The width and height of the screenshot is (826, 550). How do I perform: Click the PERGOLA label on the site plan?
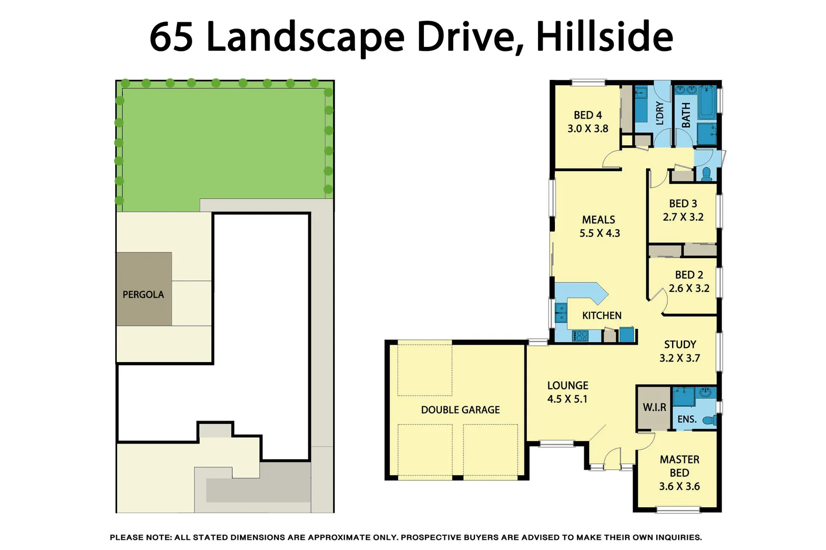(143, 294)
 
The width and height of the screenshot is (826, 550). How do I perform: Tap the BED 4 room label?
(588, 116)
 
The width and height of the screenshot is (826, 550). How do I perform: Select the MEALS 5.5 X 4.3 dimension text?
(599, 233)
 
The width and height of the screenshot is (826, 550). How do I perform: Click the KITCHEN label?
(601, 316)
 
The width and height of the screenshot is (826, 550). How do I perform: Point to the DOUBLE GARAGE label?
(460, 410)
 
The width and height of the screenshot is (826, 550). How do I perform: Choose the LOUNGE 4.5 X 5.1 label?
(567, 392)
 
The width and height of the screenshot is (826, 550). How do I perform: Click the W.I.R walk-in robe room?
(654, 407)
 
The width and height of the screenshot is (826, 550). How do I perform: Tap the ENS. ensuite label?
(686, 419)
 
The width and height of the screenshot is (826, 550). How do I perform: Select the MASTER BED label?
(679, 466)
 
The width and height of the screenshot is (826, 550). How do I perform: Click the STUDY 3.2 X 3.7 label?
(679, 351)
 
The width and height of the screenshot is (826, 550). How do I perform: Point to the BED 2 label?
(689, 275)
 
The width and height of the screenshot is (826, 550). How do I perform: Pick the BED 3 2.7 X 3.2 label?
(683, 210)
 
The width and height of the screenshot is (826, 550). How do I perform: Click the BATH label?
(686, 115)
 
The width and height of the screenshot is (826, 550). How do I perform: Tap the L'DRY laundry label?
(659, 113)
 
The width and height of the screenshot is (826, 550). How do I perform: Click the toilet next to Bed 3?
(706, 175)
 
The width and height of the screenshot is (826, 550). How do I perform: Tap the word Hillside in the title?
(604, 37)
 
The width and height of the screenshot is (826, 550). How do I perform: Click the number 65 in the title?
(171, 37)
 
